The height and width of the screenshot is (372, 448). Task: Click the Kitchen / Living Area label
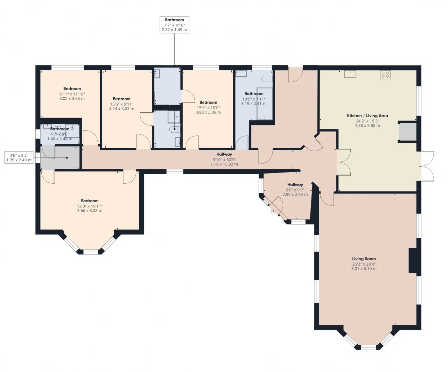click(367, 115)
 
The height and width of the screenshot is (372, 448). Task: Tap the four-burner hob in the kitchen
click(385, 75)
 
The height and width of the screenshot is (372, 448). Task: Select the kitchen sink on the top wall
click(350, 74)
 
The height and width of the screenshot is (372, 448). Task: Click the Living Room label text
click(364, 259)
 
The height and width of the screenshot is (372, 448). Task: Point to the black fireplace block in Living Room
click(412, 260)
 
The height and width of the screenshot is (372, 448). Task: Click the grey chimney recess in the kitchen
click(407, 132)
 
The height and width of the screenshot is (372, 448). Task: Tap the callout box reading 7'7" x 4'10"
click(174, 25)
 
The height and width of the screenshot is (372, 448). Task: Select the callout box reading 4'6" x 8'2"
click(19, 157)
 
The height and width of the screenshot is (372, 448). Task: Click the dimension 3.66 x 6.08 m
click(90, 211)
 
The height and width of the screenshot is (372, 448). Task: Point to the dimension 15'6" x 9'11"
click(122, 104)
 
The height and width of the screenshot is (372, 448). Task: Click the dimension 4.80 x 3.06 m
click(208, 112)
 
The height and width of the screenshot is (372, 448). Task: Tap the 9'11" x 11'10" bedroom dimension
click(72, 94)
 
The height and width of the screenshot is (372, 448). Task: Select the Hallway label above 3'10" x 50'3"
click(224, 154)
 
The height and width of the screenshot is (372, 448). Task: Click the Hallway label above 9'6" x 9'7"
click(295, 184)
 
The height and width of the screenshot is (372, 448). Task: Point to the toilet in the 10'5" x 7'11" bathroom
click(267, 79)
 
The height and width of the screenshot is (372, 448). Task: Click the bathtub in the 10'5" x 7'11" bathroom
click(265, 104)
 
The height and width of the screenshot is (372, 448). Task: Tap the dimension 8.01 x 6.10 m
click(364, 269)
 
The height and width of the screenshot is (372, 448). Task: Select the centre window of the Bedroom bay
click(91, 252)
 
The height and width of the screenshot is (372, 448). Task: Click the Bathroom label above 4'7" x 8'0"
click(59, 129)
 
